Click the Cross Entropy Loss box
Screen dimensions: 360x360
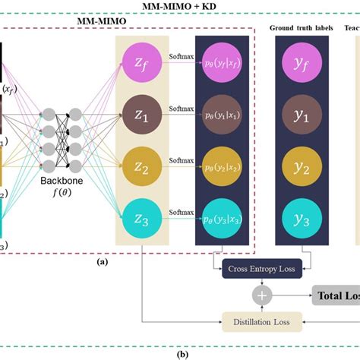pos(261,269)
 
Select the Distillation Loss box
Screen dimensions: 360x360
pos(261,323)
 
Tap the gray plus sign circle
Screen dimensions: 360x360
pos(261,295)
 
